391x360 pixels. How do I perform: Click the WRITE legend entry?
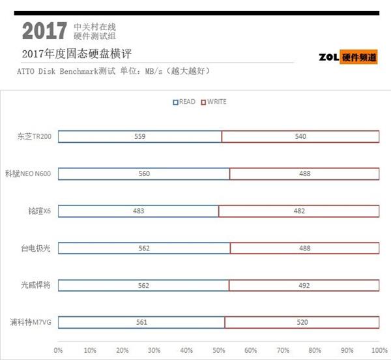213,102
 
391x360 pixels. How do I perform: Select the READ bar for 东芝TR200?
139,136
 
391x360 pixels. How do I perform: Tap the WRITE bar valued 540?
300,136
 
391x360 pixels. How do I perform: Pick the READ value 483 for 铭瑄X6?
138,211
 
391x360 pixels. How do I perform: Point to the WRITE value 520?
302,322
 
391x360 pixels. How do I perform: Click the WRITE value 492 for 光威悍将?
304,285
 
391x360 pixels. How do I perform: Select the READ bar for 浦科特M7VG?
141,322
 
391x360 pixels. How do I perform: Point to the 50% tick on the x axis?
218,350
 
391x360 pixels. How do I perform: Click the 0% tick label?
59,350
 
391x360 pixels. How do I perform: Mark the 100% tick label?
378,350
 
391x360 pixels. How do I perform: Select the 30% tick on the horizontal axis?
154,350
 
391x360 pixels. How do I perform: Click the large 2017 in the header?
44,30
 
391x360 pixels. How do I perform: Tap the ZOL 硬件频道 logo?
347,57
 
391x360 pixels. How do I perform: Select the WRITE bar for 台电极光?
304,248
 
